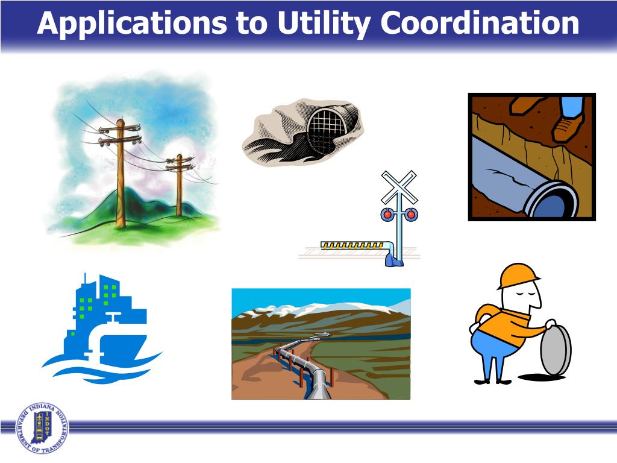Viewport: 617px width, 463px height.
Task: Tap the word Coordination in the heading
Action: (x=480, y=24)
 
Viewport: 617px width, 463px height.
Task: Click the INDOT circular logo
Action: (x=42, y=427)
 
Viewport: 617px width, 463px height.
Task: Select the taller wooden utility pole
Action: (x=121, y=175)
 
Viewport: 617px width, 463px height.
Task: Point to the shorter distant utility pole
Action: (x=179, y=184)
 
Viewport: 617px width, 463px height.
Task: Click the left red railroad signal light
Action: (x=387, y=213)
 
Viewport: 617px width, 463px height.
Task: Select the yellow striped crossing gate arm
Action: (x=352, y=245)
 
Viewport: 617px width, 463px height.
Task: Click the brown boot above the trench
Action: (x=568, y=126)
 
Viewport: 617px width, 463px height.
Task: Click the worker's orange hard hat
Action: (x=517, y=276)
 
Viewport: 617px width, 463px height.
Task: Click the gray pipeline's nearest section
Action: (x=318, y=382)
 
